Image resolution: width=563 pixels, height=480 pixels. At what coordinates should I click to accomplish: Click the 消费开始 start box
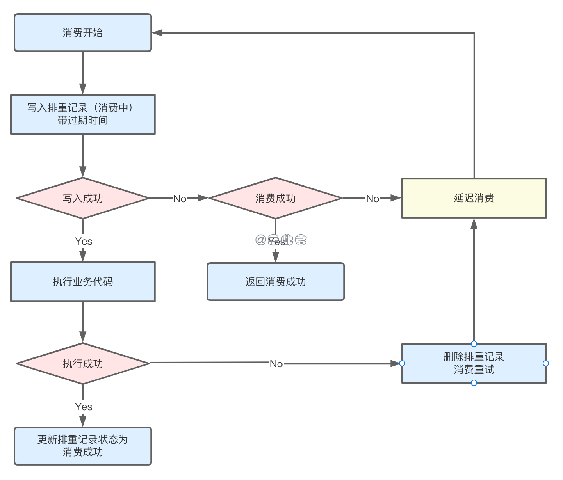[x=83, y=33]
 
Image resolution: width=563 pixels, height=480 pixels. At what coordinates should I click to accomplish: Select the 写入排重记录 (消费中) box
[x=83, y=114]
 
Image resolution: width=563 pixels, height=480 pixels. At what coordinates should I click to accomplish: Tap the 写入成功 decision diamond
[x=83, y=198]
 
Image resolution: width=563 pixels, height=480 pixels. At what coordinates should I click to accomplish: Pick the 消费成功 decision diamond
[x=276, y=198]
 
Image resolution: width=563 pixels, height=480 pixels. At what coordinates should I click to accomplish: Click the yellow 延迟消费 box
[x=474, y=198]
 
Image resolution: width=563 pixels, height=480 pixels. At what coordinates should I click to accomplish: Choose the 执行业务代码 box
[x=83, y=282]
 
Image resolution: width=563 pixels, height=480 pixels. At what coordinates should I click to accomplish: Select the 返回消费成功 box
[x=276, y=282]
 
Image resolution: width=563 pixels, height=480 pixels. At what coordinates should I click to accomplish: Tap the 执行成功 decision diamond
[x=83, y=364]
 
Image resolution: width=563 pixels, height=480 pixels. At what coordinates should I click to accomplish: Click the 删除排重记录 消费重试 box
[x=474, y=363]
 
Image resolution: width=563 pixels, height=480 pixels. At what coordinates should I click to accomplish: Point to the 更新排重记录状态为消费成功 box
[x=83, y=446]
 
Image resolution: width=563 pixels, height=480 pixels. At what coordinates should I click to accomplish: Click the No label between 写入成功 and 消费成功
[x=180, y=199]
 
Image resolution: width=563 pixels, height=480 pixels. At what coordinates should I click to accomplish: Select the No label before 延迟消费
[x=372, y=199]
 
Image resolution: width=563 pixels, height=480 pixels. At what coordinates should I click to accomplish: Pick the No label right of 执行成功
[x=276, y=364]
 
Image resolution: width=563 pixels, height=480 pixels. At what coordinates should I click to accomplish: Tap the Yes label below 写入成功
[x=84, y=241]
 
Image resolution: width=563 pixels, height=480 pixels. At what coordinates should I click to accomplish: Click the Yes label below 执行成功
[x=84, y=407]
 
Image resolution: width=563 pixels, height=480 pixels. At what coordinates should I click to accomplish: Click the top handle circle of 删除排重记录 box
[x=474, y=344]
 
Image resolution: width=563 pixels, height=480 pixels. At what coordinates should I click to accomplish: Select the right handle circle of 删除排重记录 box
[x=546, y=363]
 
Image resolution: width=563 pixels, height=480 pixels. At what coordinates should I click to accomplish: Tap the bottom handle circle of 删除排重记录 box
[x=474, y=383]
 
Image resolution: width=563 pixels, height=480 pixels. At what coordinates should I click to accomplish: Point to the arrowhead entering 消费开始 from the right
[x=157, y=33]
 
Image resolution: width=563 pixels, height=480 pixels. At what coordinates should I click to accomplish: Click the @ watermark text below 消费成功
[x=281, y=240]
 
